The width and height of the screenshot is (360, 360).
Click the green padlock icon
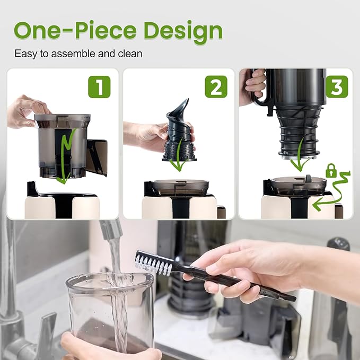point(331,171)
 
